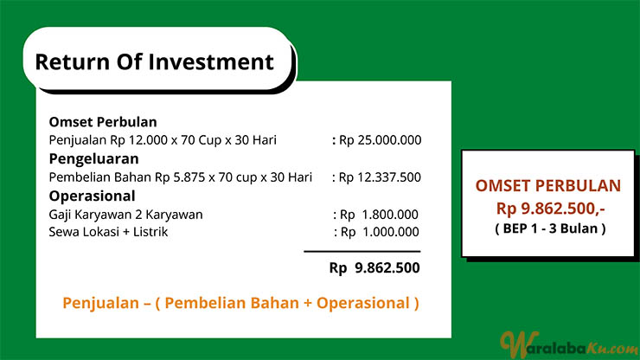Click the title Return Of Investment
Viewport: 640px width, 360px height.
tap(154, 62)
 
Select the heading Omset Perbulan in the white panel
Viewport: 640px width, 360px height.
tap(103, 122)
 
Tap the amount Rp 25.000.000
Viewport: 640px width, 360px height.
tap(381, 140)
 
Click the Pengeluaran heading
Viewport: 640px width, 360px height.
tap(94, 159)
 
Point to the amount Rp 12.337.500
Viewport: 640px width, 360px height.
tap(380, 177)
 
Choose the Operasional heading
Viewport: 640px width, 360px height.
tap(93, 196)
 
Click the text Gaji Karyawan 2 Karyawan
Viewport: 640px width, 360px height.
tap(125, 215)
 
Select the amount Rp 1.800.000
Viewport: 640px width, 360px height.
tap(379, 215)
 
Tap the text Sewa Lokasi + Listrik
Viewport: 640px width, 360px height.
tap(108, 232)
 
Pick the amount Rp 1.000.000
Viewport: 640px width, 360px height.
tap(380, 232)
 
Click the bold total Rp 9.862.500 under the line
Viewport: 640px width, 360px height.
tap(374, 268)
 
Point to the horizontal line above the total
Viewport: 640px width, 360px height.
tap(362, 251)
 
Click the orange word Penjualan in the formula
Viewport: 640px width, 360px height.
tap(101, 304)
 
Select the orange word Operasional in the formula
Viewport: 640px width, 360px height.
tap(363, 303)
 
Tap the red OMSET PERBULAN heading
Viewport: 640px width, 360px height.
tap(548, 186)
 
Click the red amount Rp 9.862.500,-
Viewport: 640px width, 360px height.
tap(551, 209)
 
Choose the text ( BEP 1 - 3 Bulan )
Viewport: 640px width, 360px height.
tap(550, 228)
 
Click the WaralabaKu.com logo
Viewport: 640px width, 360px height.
tap(569, 344)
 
